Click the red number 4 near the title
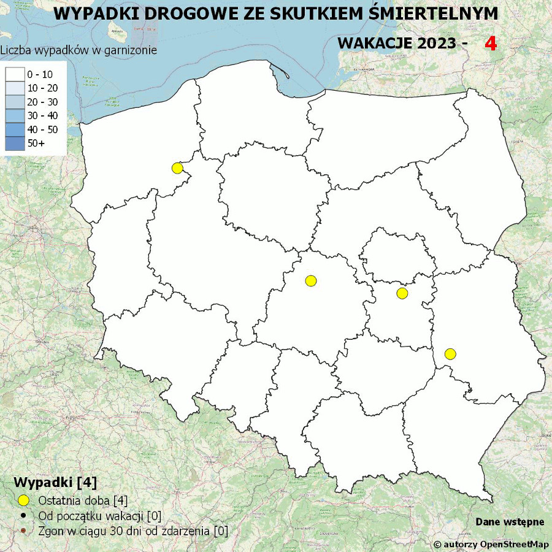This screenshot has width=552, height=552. click(x=491, y=43)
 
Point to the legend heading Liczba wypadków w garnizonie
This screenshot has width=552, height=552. click(x=79, y=50)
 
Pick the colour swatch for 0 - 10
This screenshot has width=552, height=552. click(x=15, y=74)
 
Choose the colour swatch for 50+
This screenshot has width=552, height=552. click(x=15, y=143)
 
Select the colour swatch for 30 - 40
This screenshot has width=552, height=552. click(x=15, y=115)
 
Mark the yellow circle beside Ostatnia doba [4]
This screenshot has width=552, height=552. click(x=24, y=500)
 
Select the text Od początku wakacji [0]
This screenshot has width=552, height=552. click(x=99, y=516)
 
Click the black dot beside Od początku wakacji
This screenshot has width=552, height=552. click(x=24, y=515)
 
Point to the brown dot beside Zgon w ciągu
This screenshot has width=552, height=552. click(x=24, y=531)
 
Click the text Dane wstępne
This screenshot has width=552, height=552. click(x=510, y=522)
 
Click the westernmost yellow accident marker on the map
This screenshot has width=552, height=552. click(x=177, y=168)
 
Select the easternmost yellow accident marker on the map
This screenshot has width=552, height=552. click(x=450, y=354)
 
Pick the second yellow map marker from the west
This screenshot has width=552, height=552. click(x=311, y=281)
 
